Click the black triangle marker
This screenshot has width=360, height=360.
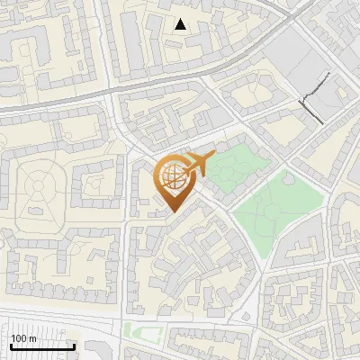tap(181, 24)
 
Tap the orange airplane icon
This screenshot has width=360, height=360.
tap(199, 164)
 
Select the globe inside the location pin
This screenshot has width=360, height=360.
tap(172, 177)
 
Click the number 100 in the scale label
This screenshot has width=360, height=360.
tap(19, 338)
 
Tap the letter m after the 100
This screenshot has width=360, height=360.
tap(32, 338)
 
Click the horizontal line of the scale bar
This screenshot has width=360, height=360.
tap(42, 346)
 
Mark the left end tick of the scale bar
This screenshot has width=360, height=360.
tap(11, 345)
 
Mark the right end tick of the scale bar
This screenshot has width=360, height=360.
tap(74, 345)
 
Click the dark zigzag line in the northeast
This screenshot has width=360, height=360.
tap(315, 94)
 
